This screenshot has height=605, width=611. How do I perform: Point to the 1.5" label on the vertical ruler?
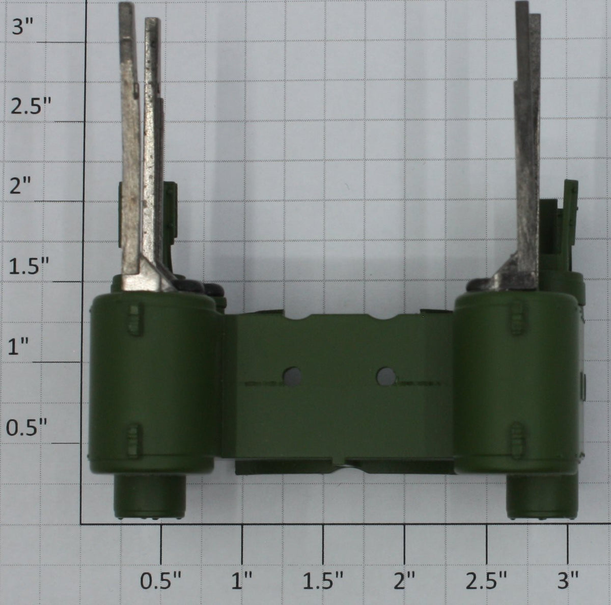[x=29, y=266]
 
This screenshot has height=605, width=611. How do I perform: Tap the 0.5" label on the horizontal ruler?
[x=161, y=580]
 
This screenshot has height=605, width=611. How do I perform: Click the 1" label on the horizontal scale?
[x=242, y=580]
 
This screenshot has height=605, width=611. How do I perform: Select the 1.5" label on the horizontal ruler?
[x=323, y=580]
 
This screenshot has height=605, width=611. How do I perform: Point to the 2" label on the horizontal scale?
[x=404, y=580]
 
